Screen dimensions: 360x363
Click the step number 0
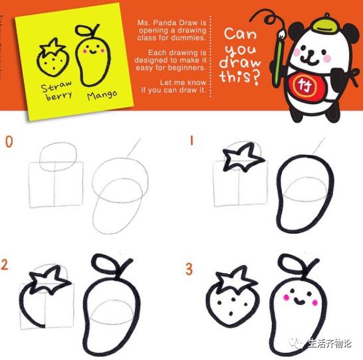point(8,141)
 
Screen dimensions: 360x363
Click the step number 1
point(191,141)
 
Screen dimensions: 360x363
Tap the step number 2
point(5,266)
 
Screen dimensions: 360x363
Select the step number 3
point(189,269)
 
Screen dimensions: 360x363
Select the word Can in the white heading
point(240,35)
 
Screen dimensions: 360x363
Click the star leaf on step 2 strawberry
point(49,280)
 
